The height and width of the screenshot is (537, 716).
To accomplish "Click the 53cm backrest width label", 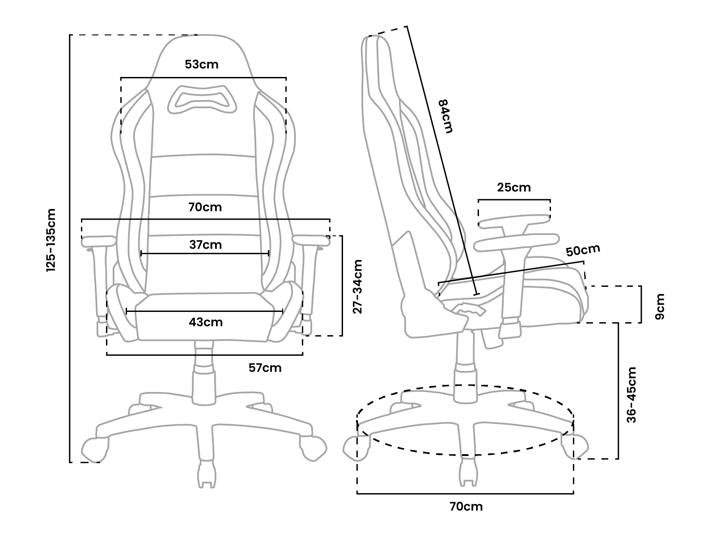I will [202, 64].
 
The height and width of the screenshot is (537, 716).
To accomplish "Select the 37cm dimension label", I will [205, 245].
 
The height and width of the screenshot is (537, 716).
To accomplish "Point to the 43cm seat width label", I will [206, 322].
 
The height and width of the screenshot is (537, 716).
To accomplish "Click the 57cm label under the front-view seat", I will [265, 368].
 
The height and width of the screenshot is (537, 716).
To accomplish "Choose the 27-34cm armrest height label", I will [357, 286].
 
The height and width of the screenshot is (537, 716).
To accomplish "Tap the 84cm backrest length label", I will [445, 116].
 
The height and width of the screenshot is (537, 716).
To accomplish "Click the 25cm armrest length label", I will [514, 188].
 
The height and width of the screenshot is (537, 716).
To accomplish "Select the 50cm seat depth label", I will [583, 250].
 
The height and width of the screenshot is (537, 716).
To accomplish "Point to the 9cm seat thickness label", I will [659, 306].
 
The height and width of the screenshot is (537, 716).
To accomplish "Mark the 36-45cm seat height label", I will [631, 395].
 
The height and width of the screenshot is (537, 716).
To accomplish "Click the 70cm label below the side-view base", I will [466, 507].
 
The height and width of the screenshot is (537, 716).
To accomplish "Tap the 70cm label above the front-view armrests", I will [205, 207].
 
